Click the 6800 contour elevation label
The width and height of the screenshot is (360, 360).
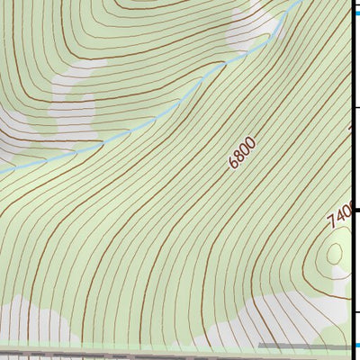243,153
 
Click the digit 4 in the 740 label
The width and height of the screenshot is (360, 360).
338,217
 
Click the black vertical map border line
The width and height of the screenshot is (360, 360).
352,180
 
